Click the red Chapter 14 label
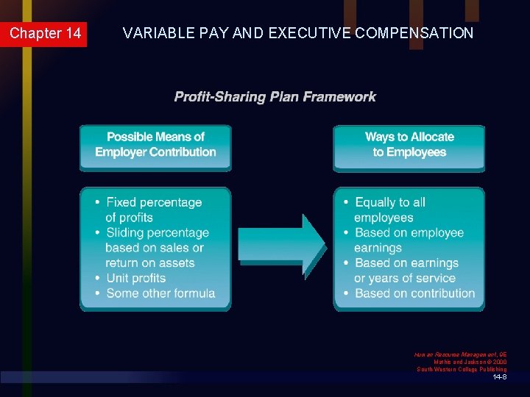tap(44, 34)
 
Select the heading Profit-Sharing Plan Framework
tap(275, 97)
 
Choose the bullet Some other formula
tap(160, 293)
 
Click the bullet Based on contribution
tap(414, 293)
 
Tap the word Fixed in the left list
tap(122, 202)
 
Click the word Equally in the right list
tap(375, 202)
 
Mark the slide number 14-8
tap(499, 377)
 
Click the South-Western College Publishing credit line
tap(462, 369)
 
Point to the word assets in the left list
tap(177, 262)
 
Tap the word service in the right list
tap(435, 278)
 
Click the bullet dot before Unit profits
tap(96, 278)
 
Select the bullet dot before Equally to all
tap(344, 202)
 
